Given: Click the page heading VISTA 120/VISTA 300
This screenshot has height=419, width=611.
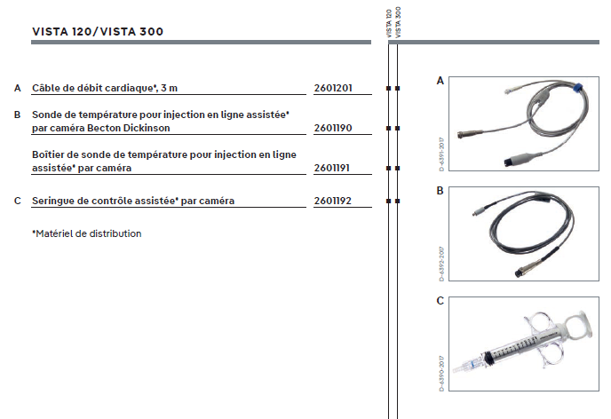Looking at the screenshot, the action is click(98, 32).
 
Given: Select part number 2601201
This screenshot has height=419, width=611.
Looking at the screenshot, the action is click(333, 88).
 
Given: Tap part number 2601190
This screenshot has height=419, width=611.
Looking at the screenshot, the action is click(333, 128).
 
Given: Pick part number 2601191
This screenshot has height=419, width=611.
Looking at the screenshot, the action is click(332, 169).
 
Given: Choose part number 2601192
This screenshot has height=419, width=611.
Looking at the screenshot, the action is click(333, 201).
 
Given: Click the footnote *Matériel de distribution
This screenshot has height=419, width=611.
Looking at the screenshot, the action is click(86, 233).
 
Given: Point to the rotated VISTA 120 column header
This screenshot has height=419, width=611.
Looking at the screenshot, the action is click(388, 23).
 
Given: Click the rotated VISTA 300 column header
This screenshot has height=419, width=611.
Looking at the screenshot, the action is click(398, 22).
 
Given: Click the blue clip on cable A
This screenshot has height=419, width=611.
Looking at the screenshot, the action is click(578, 88).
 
